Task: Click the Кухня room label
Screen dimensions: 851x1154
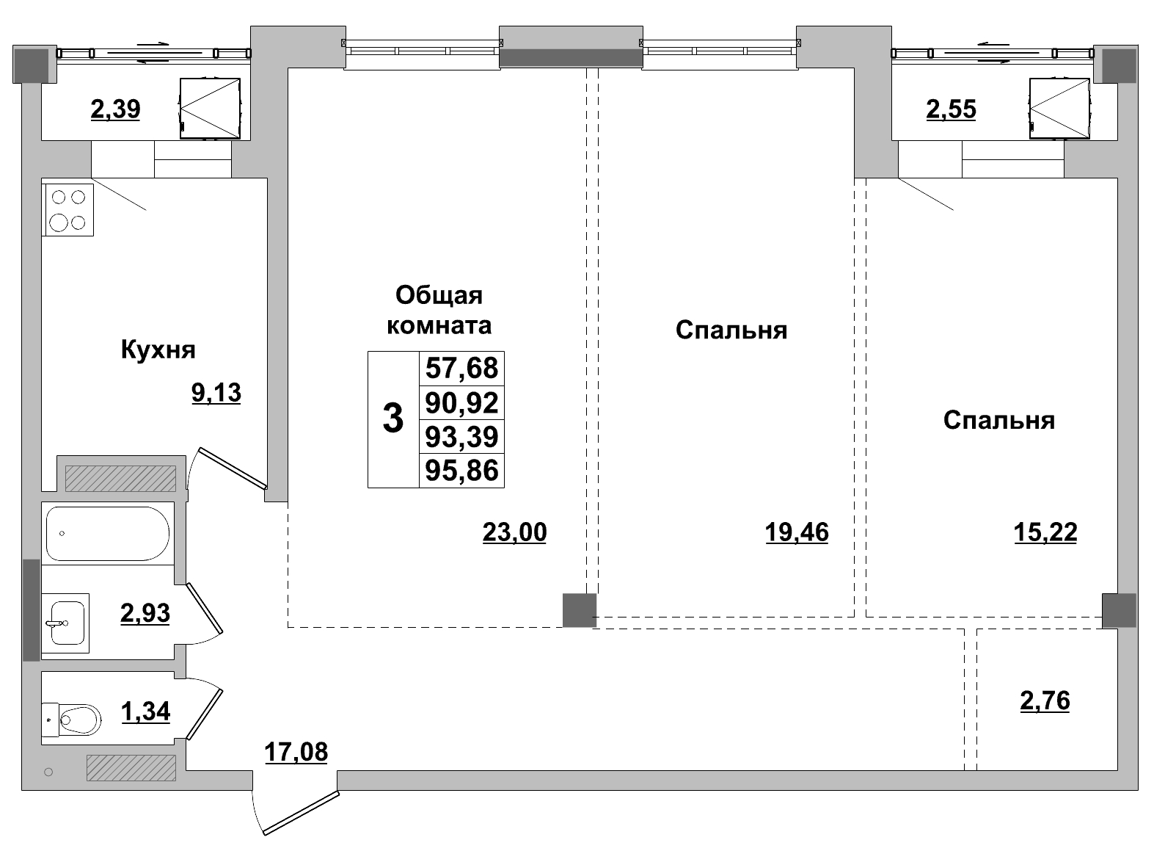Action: coord(158,350)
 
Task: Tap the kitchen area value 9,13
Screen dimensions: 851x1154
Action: coord(216,393)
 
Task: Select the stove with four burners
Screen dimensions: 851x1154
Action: coord(69,209)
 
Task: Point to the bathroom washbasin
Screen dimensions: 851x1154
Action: coord(65,623)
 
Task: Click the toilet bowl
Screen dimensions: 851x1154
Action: coord(78,719)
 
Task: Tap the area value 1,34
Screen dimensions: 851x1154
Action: coord(145,711)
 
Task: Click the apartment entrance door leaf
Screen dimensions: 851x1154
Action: coord(300,813)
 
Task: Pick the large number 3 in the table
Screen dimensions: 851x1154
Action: coord(393,419)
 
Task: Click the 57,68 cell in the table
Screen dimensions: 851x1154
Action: coord(461,368)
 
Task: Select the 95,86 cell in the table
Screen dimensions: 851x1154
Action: coord(461,470)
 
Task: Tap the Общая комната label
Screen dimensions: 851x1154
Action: coord(439,309)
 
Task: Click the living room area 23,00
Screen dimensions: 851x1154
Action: coord(514,531)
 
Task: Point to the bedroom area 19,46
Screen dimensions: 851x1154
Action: coord(797,531)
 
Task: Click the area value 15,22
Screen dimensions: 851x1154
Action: coord(1045,531)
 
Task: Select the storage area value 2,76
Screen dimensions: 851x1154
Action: coord(1045,700)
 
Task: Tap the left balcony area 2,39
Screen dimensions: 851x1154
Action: coord(115,109)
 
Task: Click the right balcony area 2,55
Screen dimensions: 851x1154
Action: coord(951,109)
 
